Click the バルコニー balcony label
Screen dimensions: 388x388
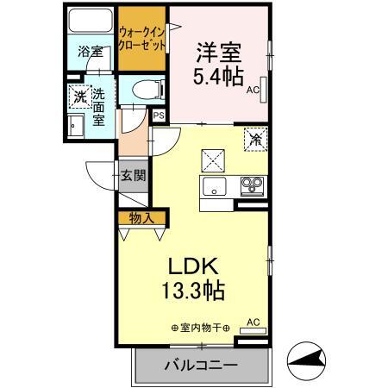pyautogui.click(x=200, y=366)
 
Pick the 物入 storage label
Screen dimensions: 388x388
pyautogui.click(x=141, y=217)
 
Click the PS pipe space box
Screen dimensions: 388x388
pyautogui.click(x=159, y=113)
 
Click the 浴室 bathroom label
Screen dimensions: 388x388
pyautogui.click(x=89, y=51)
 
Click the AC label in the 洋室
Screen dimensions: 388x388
pyautogui.click(x=253, y=88)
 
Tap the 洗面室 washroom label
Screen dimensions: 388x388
pyautogui.click(x=100, y=106)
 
